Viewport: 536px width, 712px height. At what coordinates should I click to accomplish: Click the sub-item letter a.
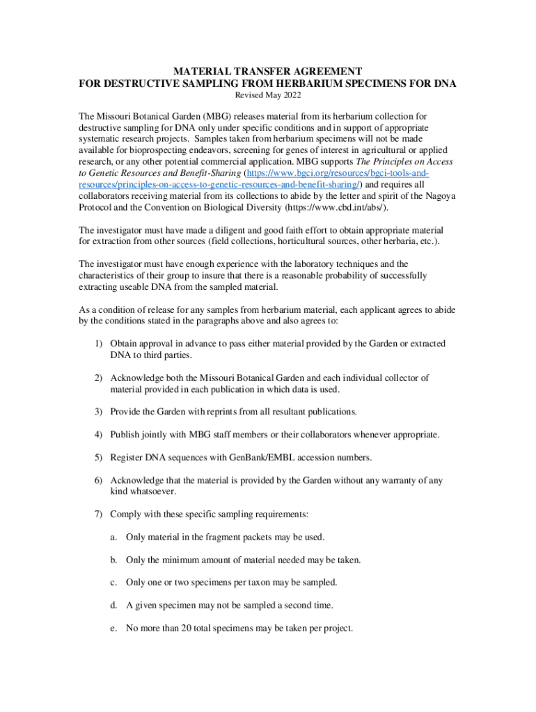pos(113,537)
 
